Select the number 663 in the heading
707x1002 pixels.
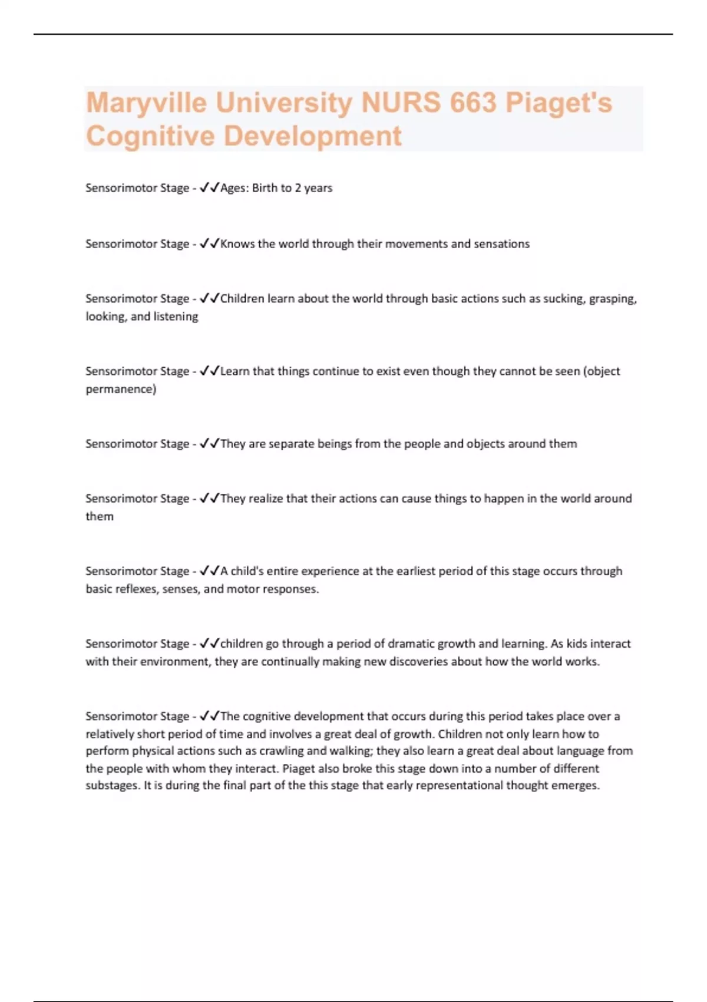click(473, 103)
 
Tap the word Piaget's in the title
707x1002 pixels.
click(559, 103)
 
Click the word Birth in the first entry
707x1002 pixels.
click(265, 188)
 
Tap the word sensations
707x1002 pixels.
click(501, 244)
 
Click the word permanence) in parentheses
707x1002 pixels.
click(121, 389)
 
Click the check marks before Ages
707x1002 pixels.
click(209, 188)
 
